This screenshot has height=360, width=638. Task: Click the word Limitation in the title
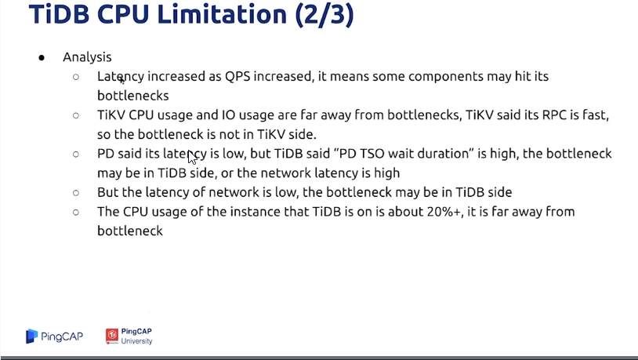click(222, 14)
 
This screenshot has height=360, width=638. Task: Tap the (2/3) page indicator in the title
click(324, 15)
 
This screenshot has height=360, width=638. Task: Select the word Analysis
click(87, 57)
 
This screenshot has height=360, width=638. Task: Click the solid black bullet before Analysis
click(42, 58)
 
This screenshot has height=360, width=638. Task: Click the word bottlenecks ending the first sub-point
click(133, 96)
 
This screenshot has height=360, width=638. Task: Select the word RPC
click(554, 115)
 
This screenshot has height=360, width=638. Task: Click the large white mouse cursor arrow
click(192, 157)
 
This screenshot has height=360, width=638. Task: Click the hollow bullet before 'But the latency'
click(76, 193)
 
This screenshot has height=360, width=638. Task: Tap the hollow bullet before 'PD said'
click(76, 154)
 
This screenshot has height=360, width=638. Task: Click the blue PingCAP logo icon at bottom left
click(31, 336)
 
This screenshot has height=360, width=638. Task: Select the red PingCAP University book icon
click(112, 336)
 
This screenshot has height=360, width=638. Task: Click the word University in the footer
click(136, 341)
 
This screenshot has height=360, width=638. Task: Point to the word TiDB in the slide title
click(60, 14)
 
